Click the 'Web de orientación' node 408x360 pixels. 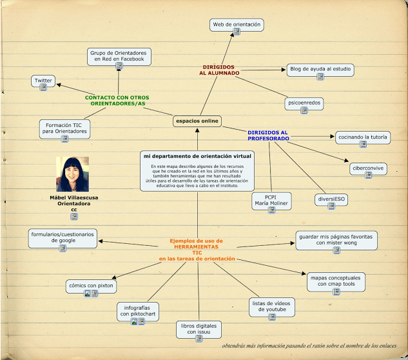237,25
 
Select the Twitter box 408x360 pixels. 43,81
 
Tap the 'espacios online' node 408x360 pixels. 197,121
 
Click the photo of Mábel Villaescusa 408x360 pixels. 73,174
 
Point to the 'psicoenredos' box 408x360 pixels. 304,103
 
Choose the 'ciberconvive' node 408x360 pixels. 368,169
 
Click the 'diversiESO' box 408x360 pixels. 331,199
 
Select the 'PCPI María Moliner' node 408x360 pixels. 271,201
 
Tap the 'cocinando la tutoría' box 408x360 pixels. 363,137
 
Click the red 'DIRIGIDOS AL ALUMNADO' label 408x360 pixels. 219,70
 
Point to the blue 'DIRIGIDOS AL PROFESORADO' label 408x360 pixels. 268,135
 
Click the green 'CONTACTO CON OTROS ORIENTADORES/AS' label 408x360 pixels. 117,101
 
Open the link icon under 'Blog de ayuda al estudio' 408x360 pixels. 320,77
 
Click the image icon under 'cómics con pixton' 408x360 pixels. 88,294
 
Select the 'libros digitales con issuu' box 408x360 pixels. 199,330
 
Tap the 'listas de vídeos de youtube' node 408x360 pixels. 272,307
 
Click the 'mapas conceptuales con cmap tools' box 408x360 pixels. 336,282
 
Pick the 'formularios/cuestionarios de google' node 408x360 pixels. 63,238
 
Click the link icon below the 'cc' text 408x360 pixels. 74,217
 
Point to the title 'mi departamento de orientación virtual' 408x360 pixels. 197,156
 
